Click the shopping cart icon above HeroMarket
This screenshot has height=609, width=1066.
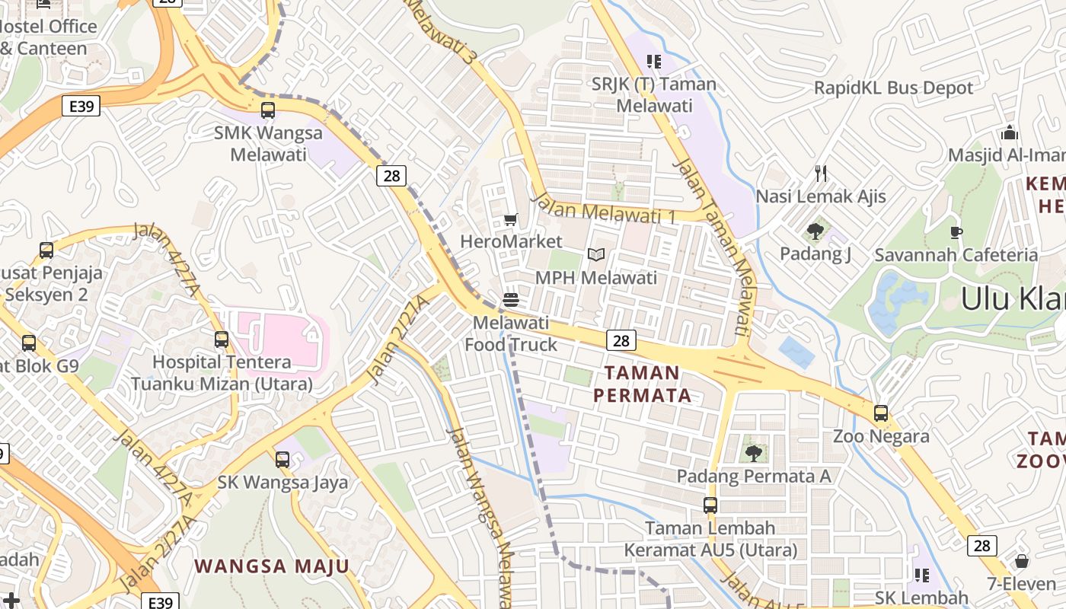510,220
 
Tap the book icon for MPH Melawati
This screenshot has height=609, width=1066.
596,255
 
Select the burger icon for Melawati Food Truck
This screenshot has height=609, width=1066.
511,300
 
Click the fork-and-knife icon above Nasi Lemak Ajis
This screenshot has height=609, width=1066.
821,174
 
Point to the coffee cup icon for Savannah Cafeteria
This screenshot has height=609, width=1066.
956,232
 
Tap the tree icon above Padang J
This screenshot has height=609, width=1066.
815,231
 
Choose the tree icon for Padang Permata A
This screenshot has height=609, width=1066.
754,454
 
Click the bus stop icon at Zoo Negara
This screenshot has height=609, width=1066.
881,413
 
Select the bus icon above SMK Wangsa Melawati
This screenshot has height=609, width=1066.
268,110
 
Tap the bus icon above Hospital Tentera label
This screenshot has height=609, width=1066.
222,340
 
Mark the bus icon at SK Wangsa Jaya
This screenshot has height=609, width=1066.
282,459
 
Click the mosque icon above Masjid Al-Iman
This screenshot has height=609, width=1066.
1010,133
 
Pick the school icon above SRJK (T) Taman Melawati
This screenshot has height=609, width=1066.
653,61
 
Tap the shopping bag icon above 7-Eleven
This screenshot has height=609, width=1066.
1022,561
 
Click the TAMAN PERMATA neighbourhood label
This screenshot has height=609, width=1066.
643,384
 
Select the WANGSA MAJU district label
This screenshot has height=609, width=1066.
272,566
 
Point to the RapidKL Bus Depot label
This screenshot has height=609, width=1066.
893,88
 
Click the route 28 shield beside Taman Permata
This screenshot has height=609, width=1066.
621,340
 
